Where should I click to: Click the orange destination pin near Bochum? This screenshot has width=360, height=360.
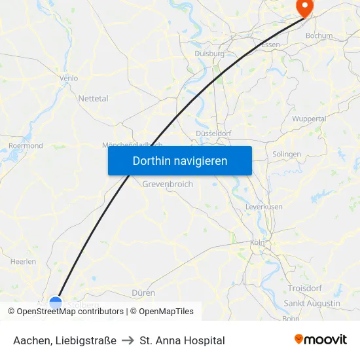tap(304, 7)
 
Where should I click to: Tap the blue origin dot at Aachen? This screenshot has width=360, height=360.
tap(56, 303)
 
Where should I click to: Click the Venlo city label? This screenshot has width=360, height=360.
tap(69, 78)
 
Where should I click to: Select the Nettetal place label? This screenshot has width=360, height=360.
tap(94, 98)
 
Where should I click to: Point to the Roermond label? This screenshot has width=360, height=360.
tap(26, 146)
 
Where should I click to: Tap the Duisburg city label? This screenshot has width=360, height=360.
tap(209, 54)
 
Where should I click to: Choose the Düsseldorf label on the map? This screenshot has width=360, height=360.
tap(213, 134)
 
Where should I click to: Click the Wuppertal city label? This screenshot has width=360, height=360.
tap(309, 119)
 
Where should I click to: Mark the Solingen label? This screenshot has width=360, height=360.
tap(287, 154)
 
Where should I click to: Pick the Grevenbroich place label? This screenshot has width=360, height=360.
tap(168, 185)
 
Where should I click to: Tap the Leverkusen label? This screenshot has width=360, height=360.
tap(264, 207)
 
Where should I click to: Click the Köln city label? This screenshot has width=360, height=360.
tap(257, 243)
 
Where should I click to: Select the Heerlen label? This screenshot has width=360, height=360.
tap(24, 261)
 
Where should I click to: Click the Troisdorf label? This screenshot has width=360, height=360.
tap(304, 289)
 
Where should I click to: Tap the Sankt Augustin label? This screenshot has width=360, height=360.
tap(312, 304)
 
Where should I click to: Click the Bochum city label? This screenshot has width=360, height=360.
tap(319, 36)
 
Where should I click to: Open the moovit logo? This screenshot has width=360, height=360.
tap(321, 340)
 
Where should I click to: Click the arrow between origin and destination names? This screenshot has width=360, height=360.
tap(128, 340)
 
